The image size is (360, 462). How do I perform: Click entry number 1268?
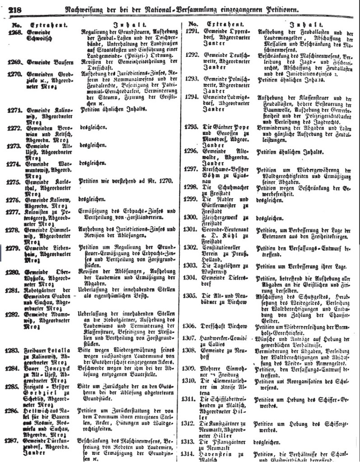[x=12, y=32]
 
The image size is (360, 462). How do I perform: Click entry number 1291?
[x=192, y=32]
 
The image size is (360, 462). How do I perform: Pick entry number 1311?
[x=192, y=399]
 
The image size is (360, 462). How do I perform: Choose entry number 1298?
[x=192, y=187]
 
